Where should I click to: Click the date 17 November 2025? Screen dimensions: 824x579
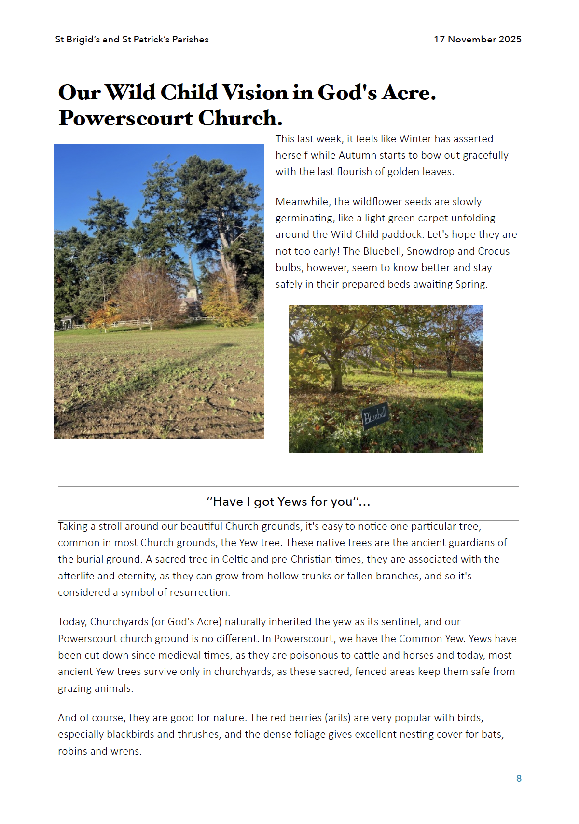click(477, 40)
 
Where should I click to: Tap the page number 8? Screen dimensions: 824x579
click(519, 778)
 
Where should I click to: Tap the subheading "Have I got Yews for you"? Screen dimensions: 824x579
click(288, 502)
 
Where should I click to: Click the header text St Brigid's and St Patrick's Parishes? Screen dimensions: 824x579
click(132, 40)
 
